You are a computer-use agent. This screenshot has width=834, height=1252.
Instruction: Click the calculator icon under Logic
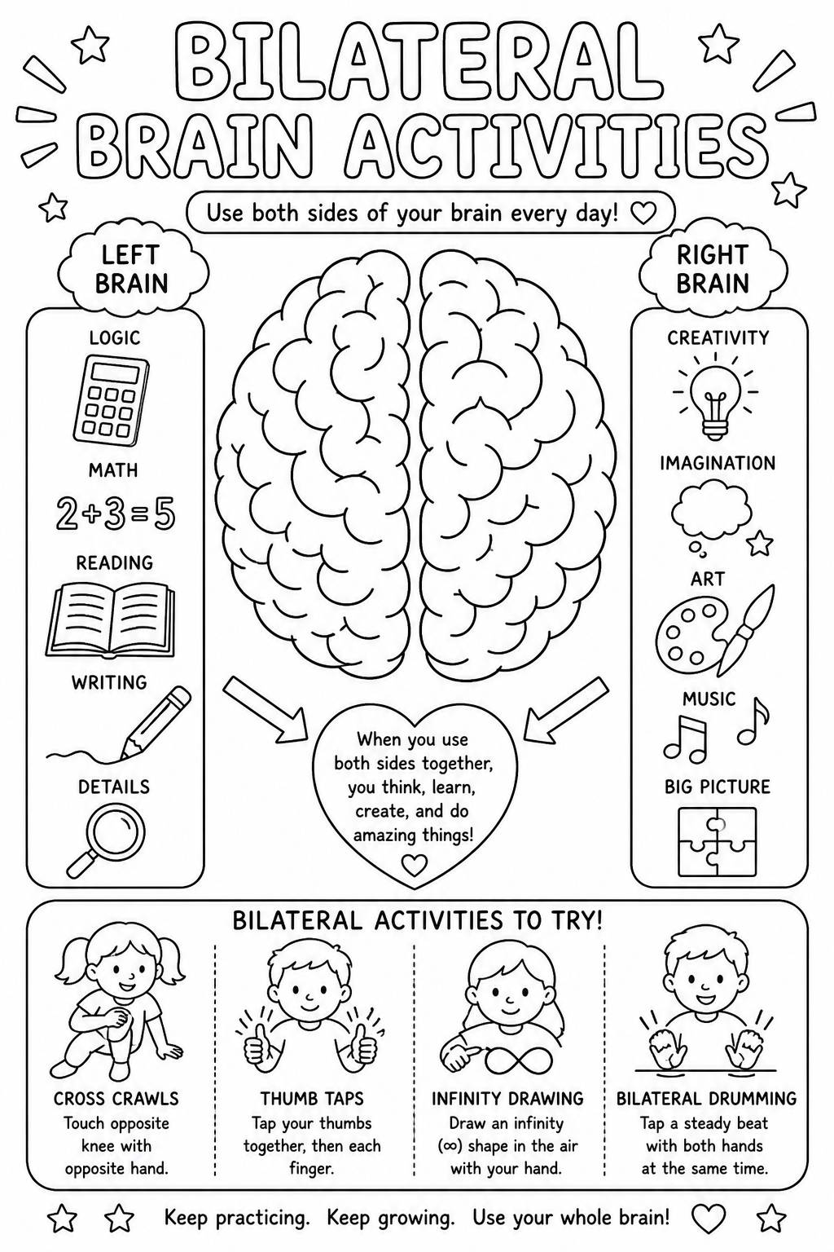(x=111, y=401)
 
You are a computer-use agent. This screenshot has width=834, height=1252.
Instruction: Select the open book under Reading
(x=110, y=620)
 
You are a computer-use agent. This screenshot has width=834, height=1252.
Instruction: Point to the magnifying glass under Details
(x=106, y=842)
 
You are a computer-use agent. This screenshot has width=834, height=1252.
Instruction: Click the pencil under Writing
(x=156, y=722)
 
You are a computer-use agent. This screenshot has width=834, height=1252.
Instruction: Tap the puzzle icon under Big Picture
(x=717, y=842)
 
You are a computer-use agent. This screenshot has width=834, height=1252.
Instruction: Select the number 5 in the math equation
(x=165, y=515)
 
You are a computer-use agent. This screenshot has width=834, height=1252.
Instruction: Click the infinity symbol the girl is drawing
(x=519, y=1059)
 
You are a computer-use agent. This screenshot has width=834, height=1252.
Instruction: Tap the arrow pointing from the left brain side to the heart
(x=265, y=710)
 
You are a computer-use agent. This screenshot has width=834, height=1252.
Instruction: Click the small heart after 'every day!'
(x=643, y=214)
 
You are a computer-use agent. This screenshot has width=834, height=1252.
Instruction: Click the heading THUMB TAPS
(x=312, y=1099)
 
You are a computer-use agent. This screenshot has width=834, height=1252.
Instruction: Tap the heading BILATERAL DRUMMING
(x=707, y=1099)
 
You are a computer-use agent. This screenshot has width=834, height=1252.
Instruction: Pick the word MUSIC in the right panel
(x=709, y=699)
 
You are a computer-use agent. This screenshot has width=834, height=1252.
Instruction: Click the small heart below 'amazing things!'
(x=415, y=866)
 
